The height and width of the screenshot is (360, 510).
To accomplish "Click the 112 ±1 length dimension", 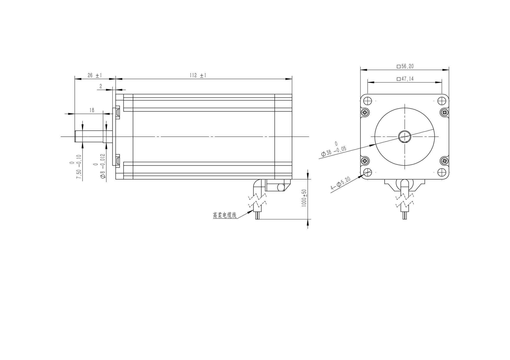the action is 198,75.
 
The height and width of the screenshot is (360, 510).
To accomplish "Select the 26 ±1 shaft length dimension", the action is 95,75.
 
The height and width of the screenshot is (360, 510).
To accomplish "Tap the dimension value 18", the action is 92,110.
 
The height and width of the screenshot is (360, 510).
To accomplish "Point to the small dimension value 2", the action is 101,86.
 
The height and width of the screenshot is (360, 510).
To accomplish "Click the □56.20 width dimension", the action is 405,66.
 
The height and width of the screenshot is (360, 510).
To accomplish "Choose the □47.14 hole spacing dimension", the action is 405,79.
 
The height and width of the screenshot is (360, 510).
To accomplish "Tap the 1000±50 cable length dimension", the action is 304,198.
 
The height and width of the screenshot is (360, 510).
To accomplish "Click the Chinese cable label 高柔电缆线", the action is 225,215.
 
